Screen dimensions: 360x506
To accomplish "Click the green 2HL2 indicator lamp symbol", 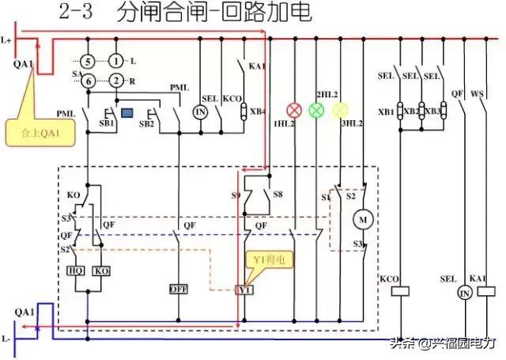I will point(317,110).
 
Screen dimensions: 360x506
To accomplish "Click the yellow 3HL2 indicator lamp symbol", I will point(340,110).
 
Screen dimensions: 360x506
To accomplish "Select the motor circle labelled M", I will point(364,217).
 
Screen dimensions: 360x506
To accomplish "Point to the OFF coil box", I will point(178,290).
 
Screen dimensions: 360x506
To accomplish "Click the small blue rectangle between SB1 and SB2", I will point(126,102).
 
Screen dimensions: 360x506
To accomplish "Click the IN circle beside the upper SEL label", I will point(201,112).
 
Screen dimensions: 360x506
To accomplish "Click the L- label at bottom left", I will point(7,339).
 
